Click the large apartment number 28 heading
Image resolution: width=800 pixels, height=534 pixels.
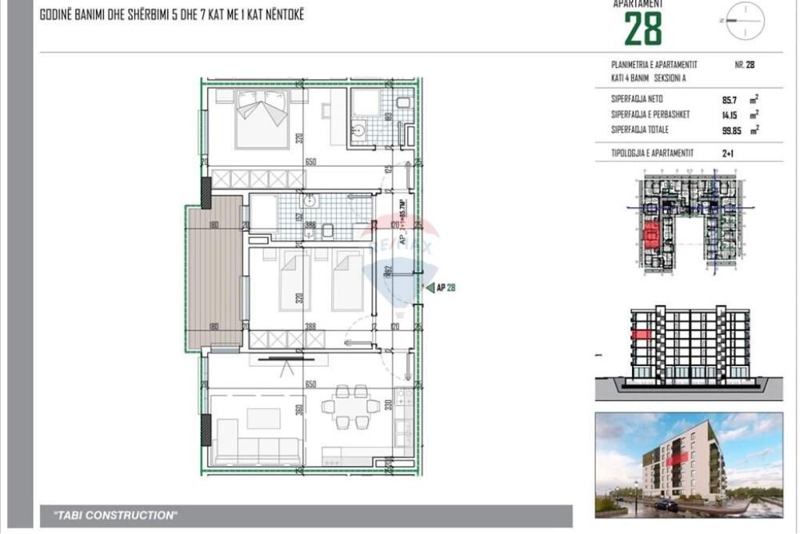coord(643,29)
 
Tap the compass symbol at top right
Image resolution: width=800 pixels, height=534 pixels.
coord(745,21)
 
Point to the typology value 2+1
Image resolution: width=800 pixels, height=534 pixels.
coord(728,154)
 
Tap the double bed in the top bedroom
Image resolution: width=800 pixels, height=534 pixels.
coord(262,118)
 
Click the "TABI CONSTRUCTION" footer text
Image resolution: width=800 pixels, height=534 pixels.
coord(116,515)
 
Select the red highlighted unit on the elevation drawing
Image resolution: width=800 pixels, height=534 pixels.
coord(641,334)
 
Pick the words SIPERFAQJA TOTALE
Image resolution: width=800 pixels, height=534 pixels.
coord(640,129)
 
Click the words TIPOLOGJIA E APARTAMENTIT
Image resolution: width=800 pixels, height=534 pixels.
coord(652,154)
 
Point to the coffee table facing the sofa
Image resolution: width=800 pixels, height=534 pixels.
coord(263,418)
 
